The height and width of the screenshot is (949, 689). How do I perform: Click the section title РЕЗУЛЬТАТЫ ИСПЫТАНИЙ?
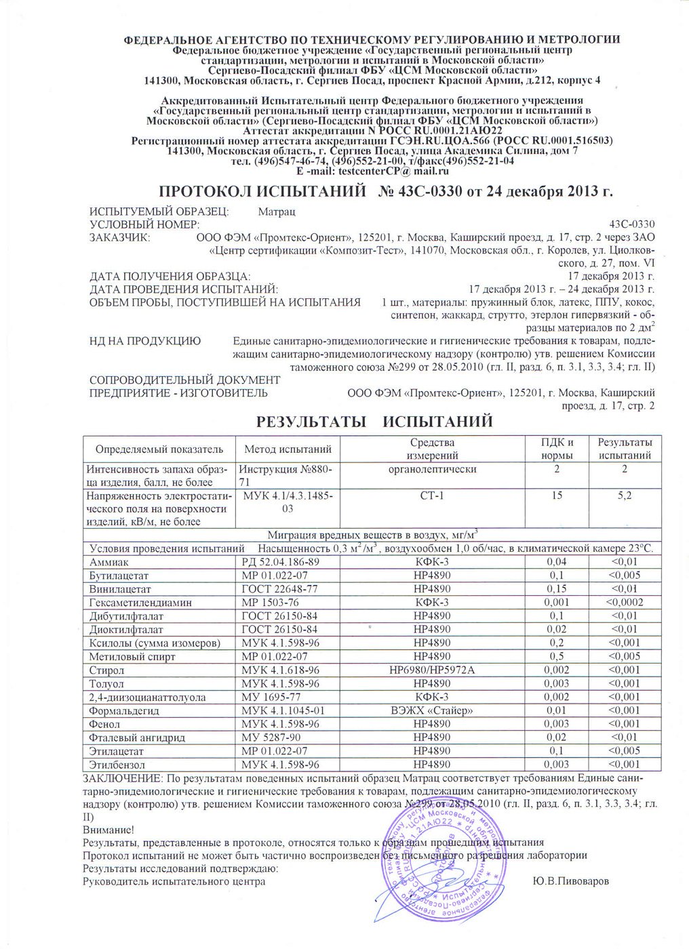[374, 422]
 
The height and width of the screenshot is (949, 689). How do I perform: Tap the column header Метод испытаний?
[288, 449]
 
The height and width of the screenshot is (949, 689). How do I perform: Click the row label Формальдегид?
[124, 711]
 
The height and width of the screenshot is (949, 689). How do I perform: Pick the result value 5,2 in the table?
[625, 496]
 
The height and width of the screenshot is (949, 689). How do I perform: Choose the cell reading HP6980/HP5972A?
[431, 670]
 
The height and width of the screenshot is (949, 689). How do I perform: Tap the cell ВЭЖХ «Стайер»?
[431, 711]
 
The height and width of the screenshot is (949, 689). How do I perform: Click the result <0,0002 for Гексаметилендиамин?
[625, 603]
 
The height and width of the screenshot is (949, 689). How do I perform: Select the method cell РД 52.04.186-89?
[280, 562]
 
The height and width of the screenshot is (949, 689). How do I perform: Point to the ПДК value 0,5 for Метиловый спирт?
[557, 657]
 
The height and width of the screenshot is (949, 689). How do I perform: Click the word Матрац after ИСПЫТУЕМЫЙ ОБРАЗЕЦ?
[277, 212]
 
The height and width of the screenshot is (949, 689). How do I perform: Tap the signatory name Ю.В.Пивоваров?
[571, 881]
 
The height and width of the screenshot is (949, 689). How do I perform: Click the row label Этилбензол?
[117, 765]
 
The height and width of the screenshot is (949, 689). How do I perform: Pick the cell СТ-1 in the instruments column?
[431, 496]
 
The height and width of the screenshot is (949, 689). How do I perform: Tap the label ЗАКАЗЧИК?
[120, 238]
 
